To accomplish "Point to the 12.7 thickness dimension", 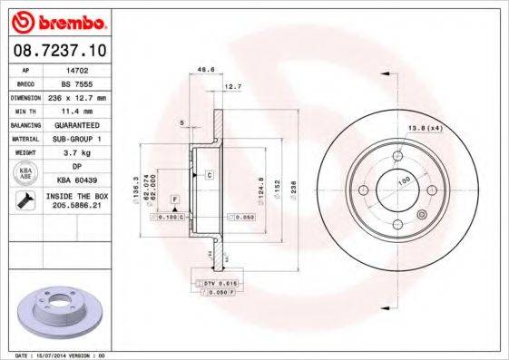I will (x=232, y=86).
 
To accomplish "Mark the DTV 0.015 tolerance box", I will (x=213, y=285).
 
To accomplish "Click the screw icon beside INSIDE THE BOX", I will (x=25, y=201).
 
